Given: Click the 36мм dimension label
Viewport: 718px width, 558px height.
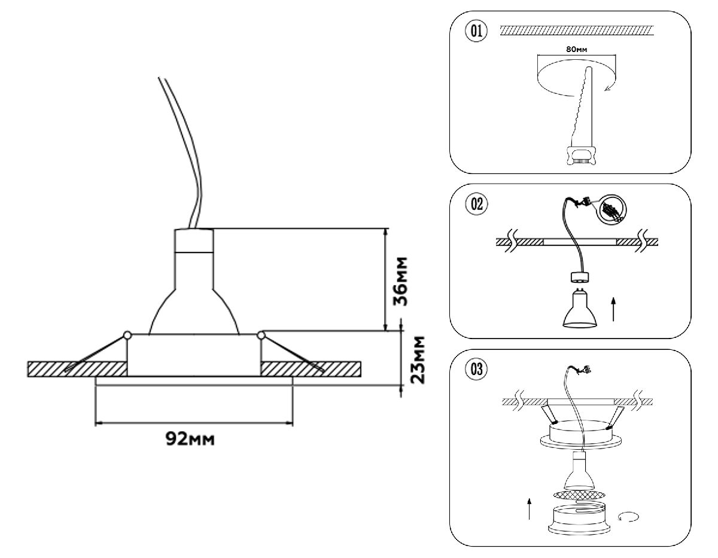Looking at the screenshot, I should tap(404, 281).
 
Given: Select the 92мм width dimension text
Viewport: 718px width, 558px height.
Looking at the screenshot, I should tap(191, 440).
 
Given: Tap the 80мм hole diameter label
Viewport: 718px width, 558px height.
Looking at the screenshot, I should tap(576, 49).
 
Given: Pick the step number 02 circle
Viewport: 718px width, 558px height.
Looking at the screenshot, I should tap(477, 204).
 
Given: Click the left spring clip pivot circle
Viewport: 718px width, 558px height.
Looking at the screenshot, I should tap(127, 336).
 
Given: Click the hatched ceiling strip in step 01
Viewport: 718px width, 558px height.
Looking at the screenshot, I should tap(577, 30).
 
